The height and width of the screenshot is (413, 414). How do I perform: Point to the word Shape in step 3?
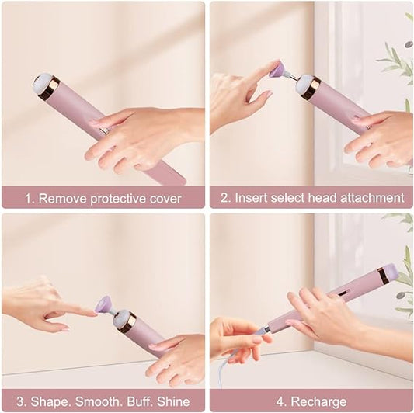(x=46, y=401)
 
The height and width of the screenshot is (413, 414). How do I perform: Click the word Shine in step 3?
(x=172, y=401)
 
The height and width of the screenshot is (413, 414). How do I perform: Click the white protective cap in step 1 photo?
(x=41, y=83)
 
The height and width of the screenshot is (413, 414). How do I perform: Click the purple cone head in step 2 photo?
(x=277, y=70)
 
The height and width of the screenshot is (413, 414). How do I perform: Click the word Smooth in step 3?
(x=92, y=401)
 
